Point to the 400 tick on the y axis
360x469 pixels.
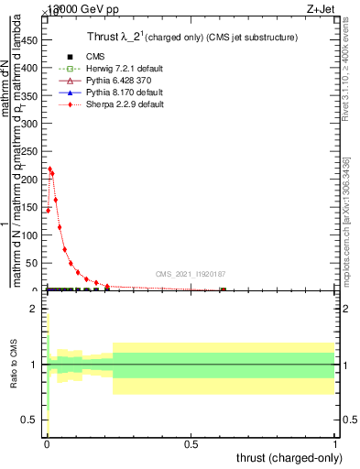tap(33, 67)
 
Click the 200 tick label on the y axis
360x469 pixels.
tap(33, 179)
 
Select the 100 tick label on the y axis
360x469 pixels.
tap(33, 234)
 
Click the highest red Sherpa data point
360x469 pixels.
tap(49, 169)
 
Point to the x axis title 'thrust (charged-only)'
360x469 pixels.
tap(289, 458)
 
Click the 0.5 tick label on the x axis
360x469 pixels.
tap(191, 443)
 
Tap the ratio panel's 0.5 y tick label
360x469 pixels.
tap(33, 420)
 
